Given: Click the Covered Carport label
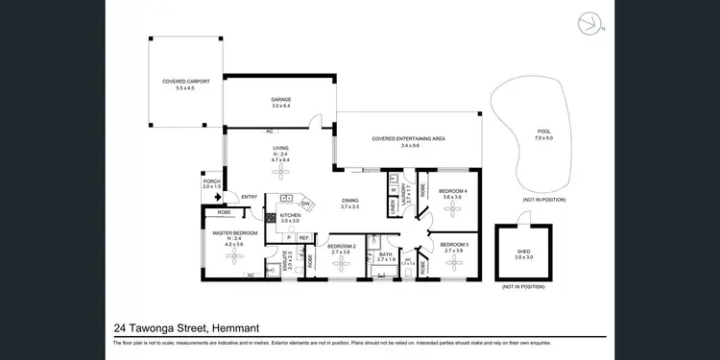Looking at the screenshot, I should click(x=184, y=83).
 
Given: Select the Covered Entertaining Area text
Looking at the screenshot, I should click(x=408, y=139).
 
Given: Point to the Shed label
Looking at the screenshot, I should click(x=523, y=253).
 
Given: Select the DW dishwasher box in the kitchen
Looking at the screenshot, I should click(x=305, y=204).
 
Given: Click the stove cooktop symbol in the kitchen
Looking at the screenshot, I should click(x=271, y=218).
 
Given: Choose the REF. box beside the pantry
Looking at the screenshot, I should click(x=303, y=236).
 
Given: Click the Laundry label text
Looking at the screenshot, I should click(x=405, y=195).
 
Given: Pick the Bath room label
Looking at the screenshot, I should click(x=386, y=254).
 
